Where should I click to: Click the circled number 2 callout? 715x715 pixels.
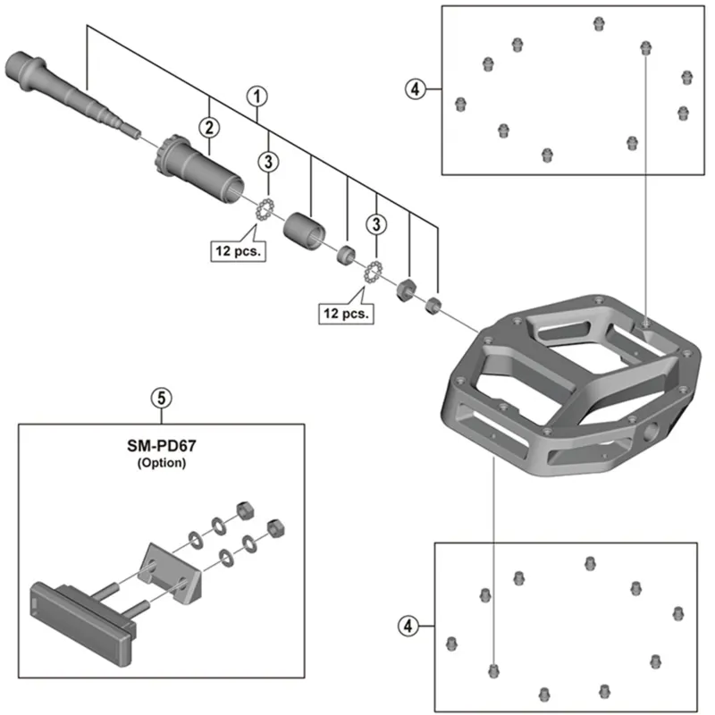coord(208,126)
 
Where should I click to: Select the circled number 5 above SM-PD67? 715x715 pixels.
coord(162,397)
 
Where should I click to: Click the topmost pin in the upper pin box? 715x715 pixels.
coord(598,21)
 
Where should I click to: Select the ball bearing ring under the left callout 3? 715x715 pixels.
coord(264,211)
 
